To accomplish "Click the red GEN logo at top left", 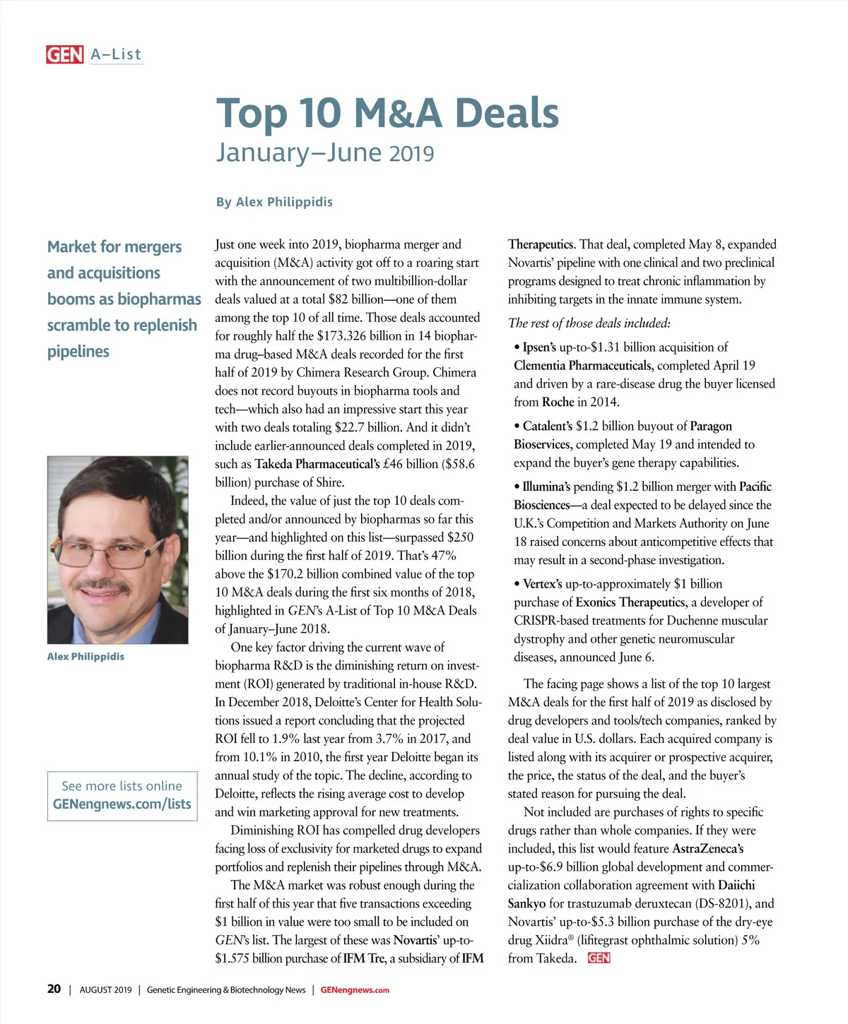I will coord(64,54).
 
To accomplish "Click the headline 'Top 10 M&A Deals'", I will coord(387,113).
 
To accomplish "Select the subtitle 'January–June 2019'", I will coord(325,153).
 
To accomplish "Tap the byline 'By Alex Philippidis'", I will coord(274,202).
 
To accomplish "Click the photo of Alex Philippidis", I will coord(117,549).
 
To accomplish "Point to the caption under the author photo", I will coord(86,657).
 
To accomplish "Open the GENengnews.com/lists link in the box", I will coord(122,804).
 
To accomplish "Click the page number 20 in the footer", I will coord(54,989).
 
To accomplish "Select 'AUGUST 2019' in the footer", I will coord(105,990).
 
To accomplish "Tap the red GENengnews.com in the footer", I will coord(355,990).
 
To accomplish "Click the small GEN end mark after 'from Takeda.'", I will coord(599,958).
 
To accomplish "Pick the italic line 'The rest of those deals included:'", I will coord(589,323).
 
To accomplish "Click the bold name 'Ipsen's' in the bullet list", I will coord(539,347).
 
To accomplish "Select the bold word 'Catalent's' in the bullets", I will coord(548,427).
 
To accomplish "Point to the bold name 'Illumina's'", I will coord(546,487).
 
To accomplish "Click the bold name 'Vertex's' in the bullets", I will coord(542,584).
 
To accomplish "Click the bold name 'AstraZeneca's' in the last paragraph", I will coord(707,849).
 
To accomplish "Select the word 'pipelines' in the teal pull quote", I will coord(78,352).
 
